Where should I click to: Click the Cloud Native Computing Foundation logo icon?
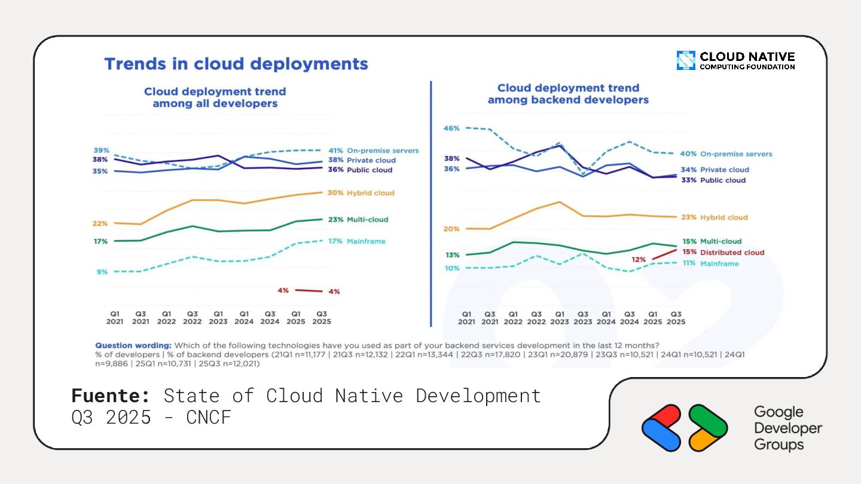686,60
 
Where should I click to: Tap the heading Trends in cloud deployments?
236,64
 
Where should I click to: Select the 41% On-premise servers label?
373,151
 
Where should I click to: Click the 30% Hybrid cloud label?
361,193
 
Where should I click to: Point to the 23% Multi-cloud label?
358,219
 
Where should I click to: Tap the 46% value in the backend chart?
451,128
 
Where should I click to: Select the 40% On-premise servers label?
726,154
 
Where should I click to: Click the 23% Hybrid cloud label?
714,218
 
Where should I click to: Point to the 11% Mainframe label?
710,264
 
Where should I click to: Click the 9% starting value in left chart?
102,272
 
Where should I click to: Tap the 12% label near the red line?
639,260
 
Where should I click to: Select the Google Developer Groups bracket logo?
685,428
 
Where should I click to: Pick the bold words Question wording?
133,345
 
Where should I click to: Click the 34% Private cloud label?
715,170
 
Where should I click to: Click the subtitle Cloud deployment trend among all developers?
215,97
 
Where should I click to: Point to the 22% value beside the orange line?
100,223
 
